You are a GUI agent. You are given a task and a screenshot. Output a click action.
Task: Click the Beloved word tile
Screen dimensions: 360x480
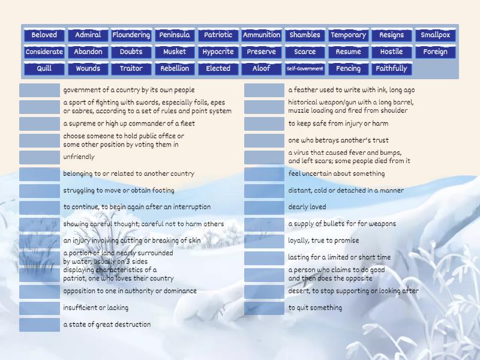pos(44,35)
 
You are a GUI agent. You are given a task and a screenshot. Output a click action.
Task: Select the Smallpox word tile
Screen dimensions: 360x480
pos(435,35)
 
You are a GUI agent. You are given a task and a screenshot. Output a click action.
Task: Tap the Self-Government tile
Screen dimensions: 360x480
pos(305,68)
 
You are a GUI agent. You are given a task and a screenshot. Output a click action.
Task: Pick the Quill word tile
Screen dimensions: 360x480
pos(44,68)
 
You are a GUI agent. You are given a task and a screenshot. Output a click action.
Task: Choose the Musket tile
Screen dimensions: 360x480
pos(175,52)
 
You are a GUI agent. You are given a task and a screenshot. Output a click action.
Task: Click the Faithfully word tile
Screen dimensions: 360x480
pos(391,68)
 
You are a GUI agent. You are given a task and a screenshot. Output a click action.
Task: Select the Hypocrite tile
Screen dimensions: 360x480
pos(218,52)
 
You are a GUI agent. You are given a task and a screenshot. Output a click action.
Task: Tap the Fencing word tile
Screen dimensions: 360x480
pos(348,68)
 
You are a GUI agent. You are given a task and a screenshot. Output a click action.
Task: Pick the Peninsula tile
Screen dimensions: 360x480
pos(175,35)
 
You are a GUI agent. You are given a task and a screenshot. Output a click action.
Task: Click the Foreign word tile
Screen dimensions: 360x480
pos(435,52)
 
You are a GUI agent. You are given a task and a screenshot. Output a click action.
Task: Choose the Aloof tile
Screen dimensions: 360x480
pos(262,68)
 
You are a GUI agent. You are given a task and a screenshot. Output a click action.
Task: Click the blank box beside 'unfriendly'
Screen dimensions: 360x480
pos(40,157)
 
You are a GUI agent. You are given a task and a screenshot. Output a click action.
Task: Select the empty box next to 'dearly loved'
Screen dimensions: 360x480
pos(264,208)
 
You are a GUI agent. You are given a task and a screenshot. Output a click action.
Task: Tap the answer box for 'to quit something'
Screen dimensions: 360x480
pos(264,308)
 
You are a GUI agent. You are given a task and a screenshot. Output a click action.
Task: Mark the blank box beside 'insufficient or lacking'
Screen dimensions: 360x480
pos(40,308)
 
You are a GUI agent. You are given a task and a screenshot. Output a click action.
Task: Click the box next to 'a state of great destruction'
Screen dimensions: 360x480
pos(40,325)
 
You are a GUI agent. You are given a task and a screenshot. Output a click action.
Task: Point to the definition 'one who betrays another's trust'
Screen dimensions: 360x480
pos(338,140)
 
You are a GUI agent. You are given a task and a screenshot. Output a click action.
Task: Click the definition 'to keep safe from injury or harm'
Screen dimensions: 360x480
pos(338,124)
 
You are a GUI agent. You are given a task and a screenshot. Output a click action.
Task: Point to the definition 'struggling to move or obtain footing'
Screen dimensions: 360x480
pos(119,190)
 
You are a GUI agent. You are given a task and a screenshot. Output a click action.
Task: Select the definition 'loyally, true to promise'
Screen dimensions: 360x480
pos(323,241)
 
